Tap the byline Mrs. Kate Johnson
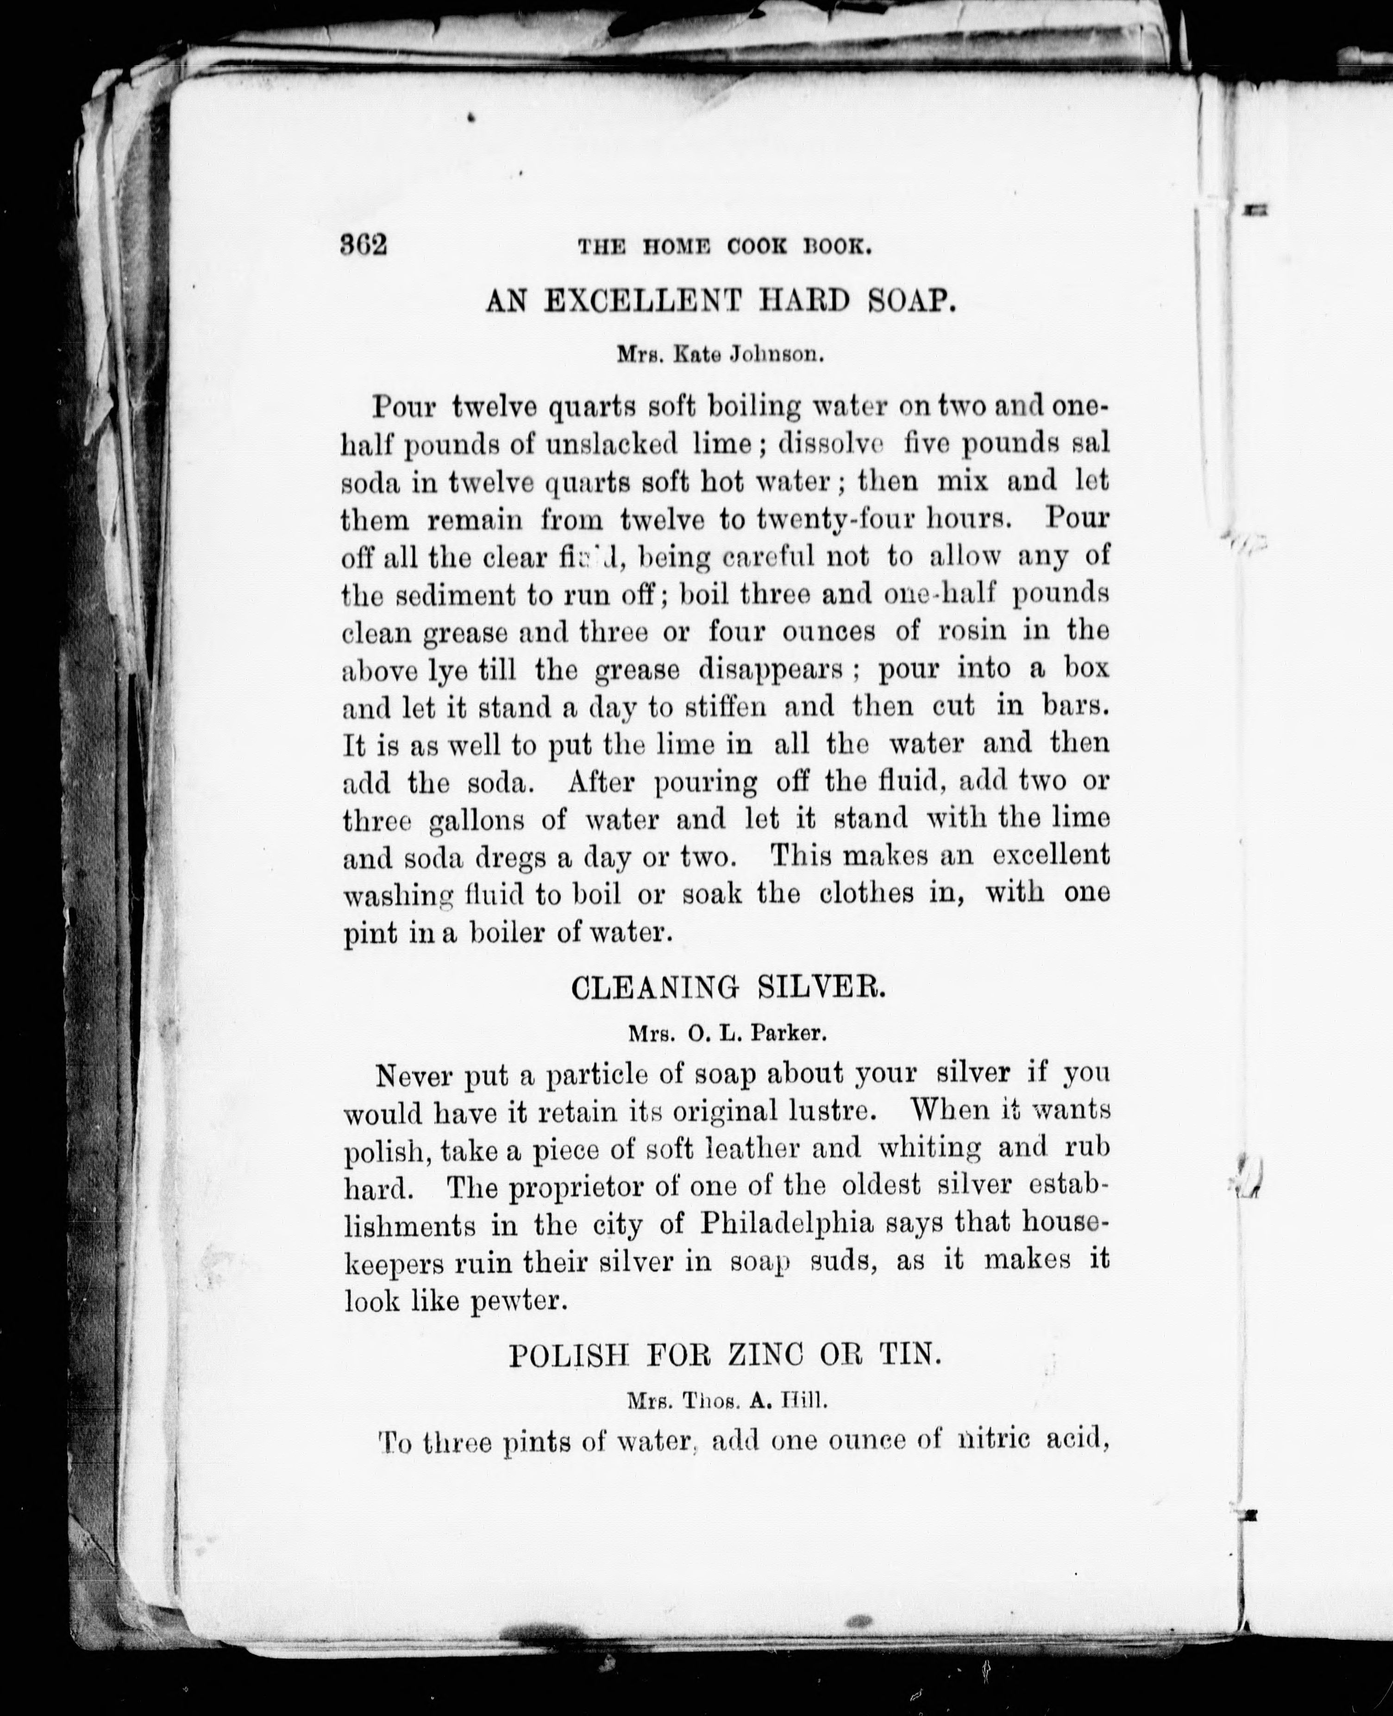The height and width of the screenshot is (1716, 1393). tap(720, 353)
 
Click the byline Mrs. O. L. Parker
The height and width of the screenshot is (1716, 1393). tap(727, 1034)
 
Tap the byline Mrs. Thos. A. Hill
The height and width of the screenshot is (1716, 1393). tap(726, 1401)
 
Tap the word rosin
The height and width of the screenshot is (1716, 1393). tap(972, 631)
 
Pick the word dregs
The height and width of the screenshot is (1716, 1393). tap(511, 857)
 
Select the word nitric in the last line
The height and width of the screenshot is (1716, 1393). tap(995, 1441)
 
